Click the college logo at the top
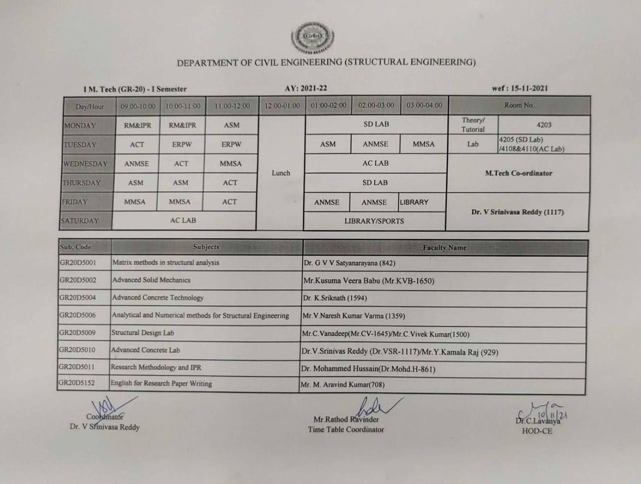point(313,38)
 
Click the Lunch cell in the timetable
point(281,173)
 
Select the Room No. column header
point(519,106)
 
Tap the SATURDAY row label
point(80,221)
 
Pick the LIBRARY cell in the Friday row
point(414,202)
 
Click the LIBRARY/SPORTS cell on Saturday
point(374,221)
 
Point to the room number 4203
point(543,125)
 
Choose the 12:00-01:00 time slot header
point(282,106)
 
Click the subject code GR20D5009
point(77,332)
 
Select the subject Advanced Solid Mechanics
point(151,280)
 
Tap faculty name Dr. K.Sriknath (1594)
point(335,298)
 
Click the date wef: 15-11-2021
point(520,89)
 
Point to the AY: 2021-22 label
point(306,88)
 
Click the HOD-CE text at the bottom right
point(537,431)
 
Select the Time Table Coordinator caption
point(346,429)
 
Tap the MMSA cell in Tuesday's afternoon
point(424,144)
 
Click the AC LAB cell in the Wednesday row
point(376,163)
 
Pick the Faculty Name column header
point(444,247)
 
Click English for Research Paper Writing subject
point(161,383)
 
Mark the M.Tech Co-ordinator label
point(518,173)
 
